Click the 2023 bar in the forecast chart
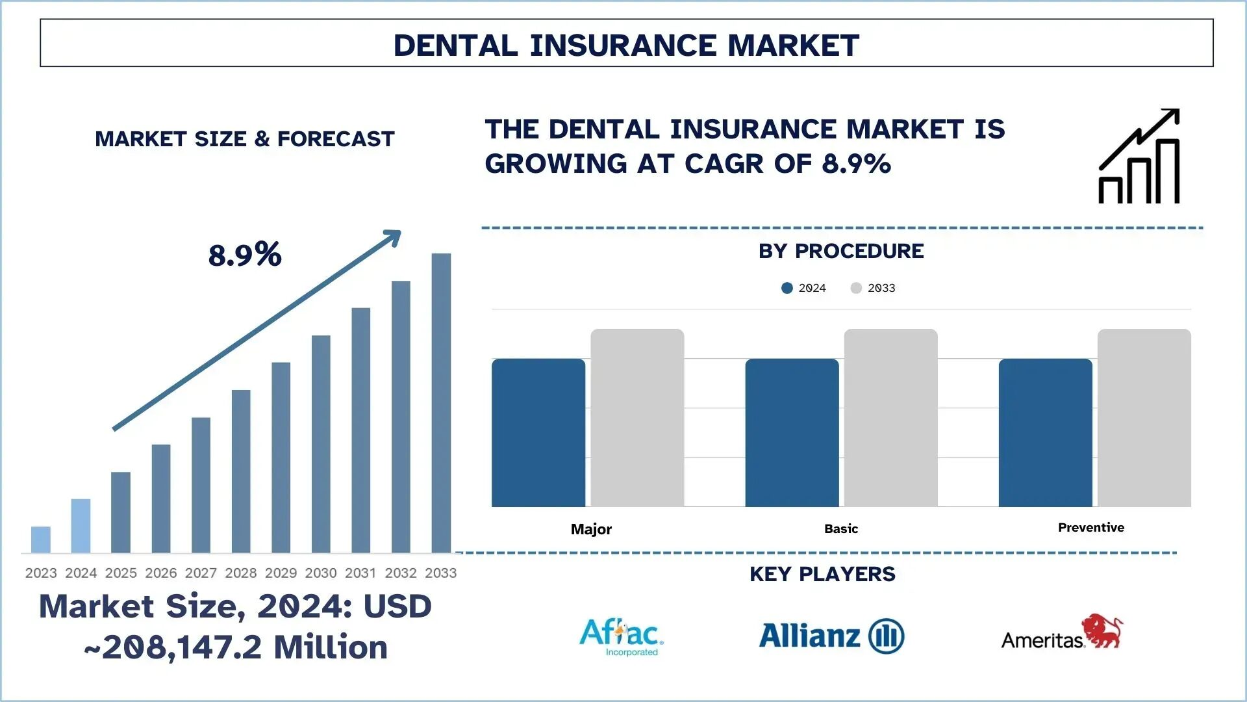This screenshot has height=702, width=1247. tap(41, 539)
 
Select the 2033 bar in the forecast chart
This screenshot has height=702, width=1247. tap(441, 403)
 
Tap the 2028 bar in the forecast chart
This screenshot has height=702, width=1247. tap(241, 471)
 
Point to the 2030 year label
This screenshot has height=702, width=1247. tap(321, 573)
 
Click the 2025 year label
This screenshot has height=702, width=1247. tap(121, 573)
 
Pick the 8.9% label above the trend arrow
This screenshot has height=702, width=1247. tap(245, 255)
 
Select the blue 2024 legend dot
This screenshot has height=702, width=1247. tap(787, 288)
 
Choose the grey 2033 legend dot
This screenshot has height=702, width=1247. tap(856, 288)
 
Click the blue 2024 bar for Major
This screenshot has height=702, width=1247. tap(538, 432)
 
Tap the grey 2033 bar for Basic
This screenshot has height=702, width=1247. tap(890, 417)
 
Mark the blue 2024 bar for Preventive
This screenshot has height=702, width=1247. tap(1045, 432)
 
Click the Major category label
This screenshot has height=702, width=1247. tap(591, 529)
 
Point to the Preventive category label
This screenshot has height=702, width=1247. tap(1090, 527)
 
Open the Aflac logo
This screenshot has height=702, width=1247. tap(621, 636)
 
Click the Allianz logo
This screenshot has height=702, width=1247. tap(831, 636)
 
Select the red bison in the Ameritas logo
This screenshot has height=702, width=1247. tap(1102, 630)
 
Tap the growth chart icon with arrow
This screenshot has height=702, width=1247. tap(1139, 156)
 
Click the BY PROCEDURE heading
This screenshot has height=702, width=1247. tap(841, 251)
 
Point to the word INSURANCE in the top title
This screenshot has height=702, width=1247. tap(623, 45)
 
